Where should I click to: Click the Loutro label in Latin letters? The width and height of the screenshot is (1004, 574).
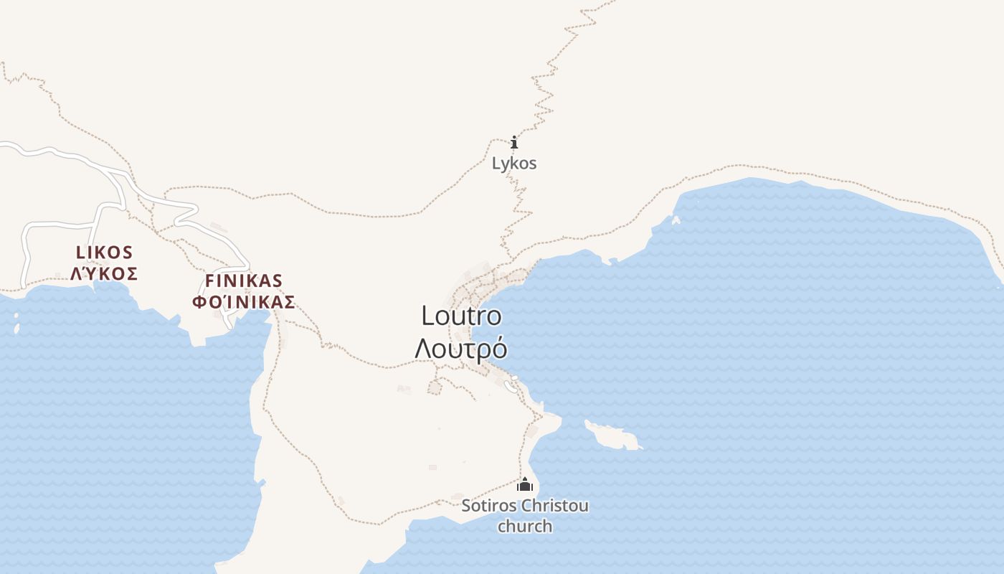click(461, 316)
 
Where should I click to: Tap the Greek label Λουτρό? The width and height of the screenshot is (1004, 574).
click(461, 349)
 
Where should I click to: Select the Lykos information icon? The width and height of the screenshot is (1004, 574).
click(514, 142)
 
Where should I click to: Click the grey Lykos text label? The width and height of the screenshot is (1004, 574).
click(514, 164)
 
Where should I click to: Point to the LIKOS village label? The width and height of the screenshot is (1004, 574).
click(105, 253)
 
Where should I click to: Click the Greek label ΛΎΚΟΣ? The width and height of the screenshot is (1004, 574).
click(105, 273)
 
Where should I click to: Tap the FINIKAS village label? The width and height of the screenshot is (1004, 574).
click(244, 281)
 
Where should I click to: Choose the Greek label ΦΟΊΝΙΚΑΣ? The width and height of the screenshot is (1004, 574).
click(244, 302)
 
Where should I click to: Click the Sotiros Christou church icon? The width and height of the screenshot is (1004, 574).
click(525, 485)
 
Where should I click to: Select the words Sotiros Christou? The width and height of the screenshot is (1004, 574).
click(525, 506)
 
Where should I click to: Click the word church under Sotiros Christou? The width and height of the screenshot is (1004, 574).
click(525, 526)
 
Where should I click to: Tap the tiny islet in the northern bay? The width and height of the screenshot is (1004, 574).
click(676, 220)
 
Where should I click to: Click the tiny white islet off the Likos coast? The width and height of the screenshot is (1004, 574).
click(16, 328)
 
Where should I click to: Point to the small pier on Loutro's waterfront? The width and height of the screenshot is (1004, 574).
click(511, 387)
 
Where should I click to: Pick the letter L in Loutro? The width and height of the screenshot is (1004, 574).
click(427, 316)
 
